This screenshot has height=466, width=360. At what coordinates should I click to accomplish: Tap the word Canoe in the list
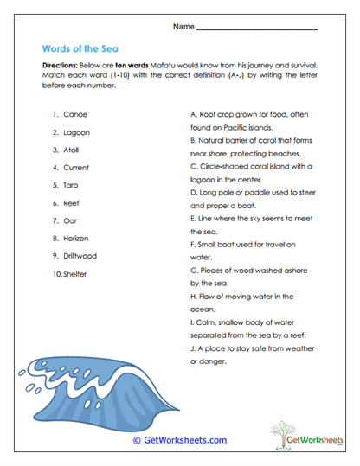click(76, 114)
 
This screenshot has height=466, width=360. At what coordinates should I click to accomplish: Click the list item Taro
click(73, 185)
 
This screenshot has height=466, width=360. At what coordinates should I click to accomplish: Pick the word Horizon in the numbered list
click(80, 238)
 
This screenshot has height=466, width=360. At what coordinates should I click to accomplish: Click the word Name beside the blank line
click(183, 27)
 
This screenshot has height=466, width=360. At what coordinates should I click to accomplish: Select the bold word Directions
click(62, 66)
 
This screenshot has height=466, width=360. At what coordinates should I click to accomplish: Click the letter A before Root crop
click(192, 114)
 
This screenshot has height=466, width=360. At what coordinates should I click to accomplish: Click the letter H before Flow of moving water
click(192, 296)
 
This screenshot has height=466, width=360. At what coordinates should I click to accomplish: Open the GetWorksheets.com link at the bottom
click(180, 440)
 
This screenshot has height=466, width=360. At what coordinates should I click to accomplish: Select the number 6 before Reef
click(55, 203)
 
